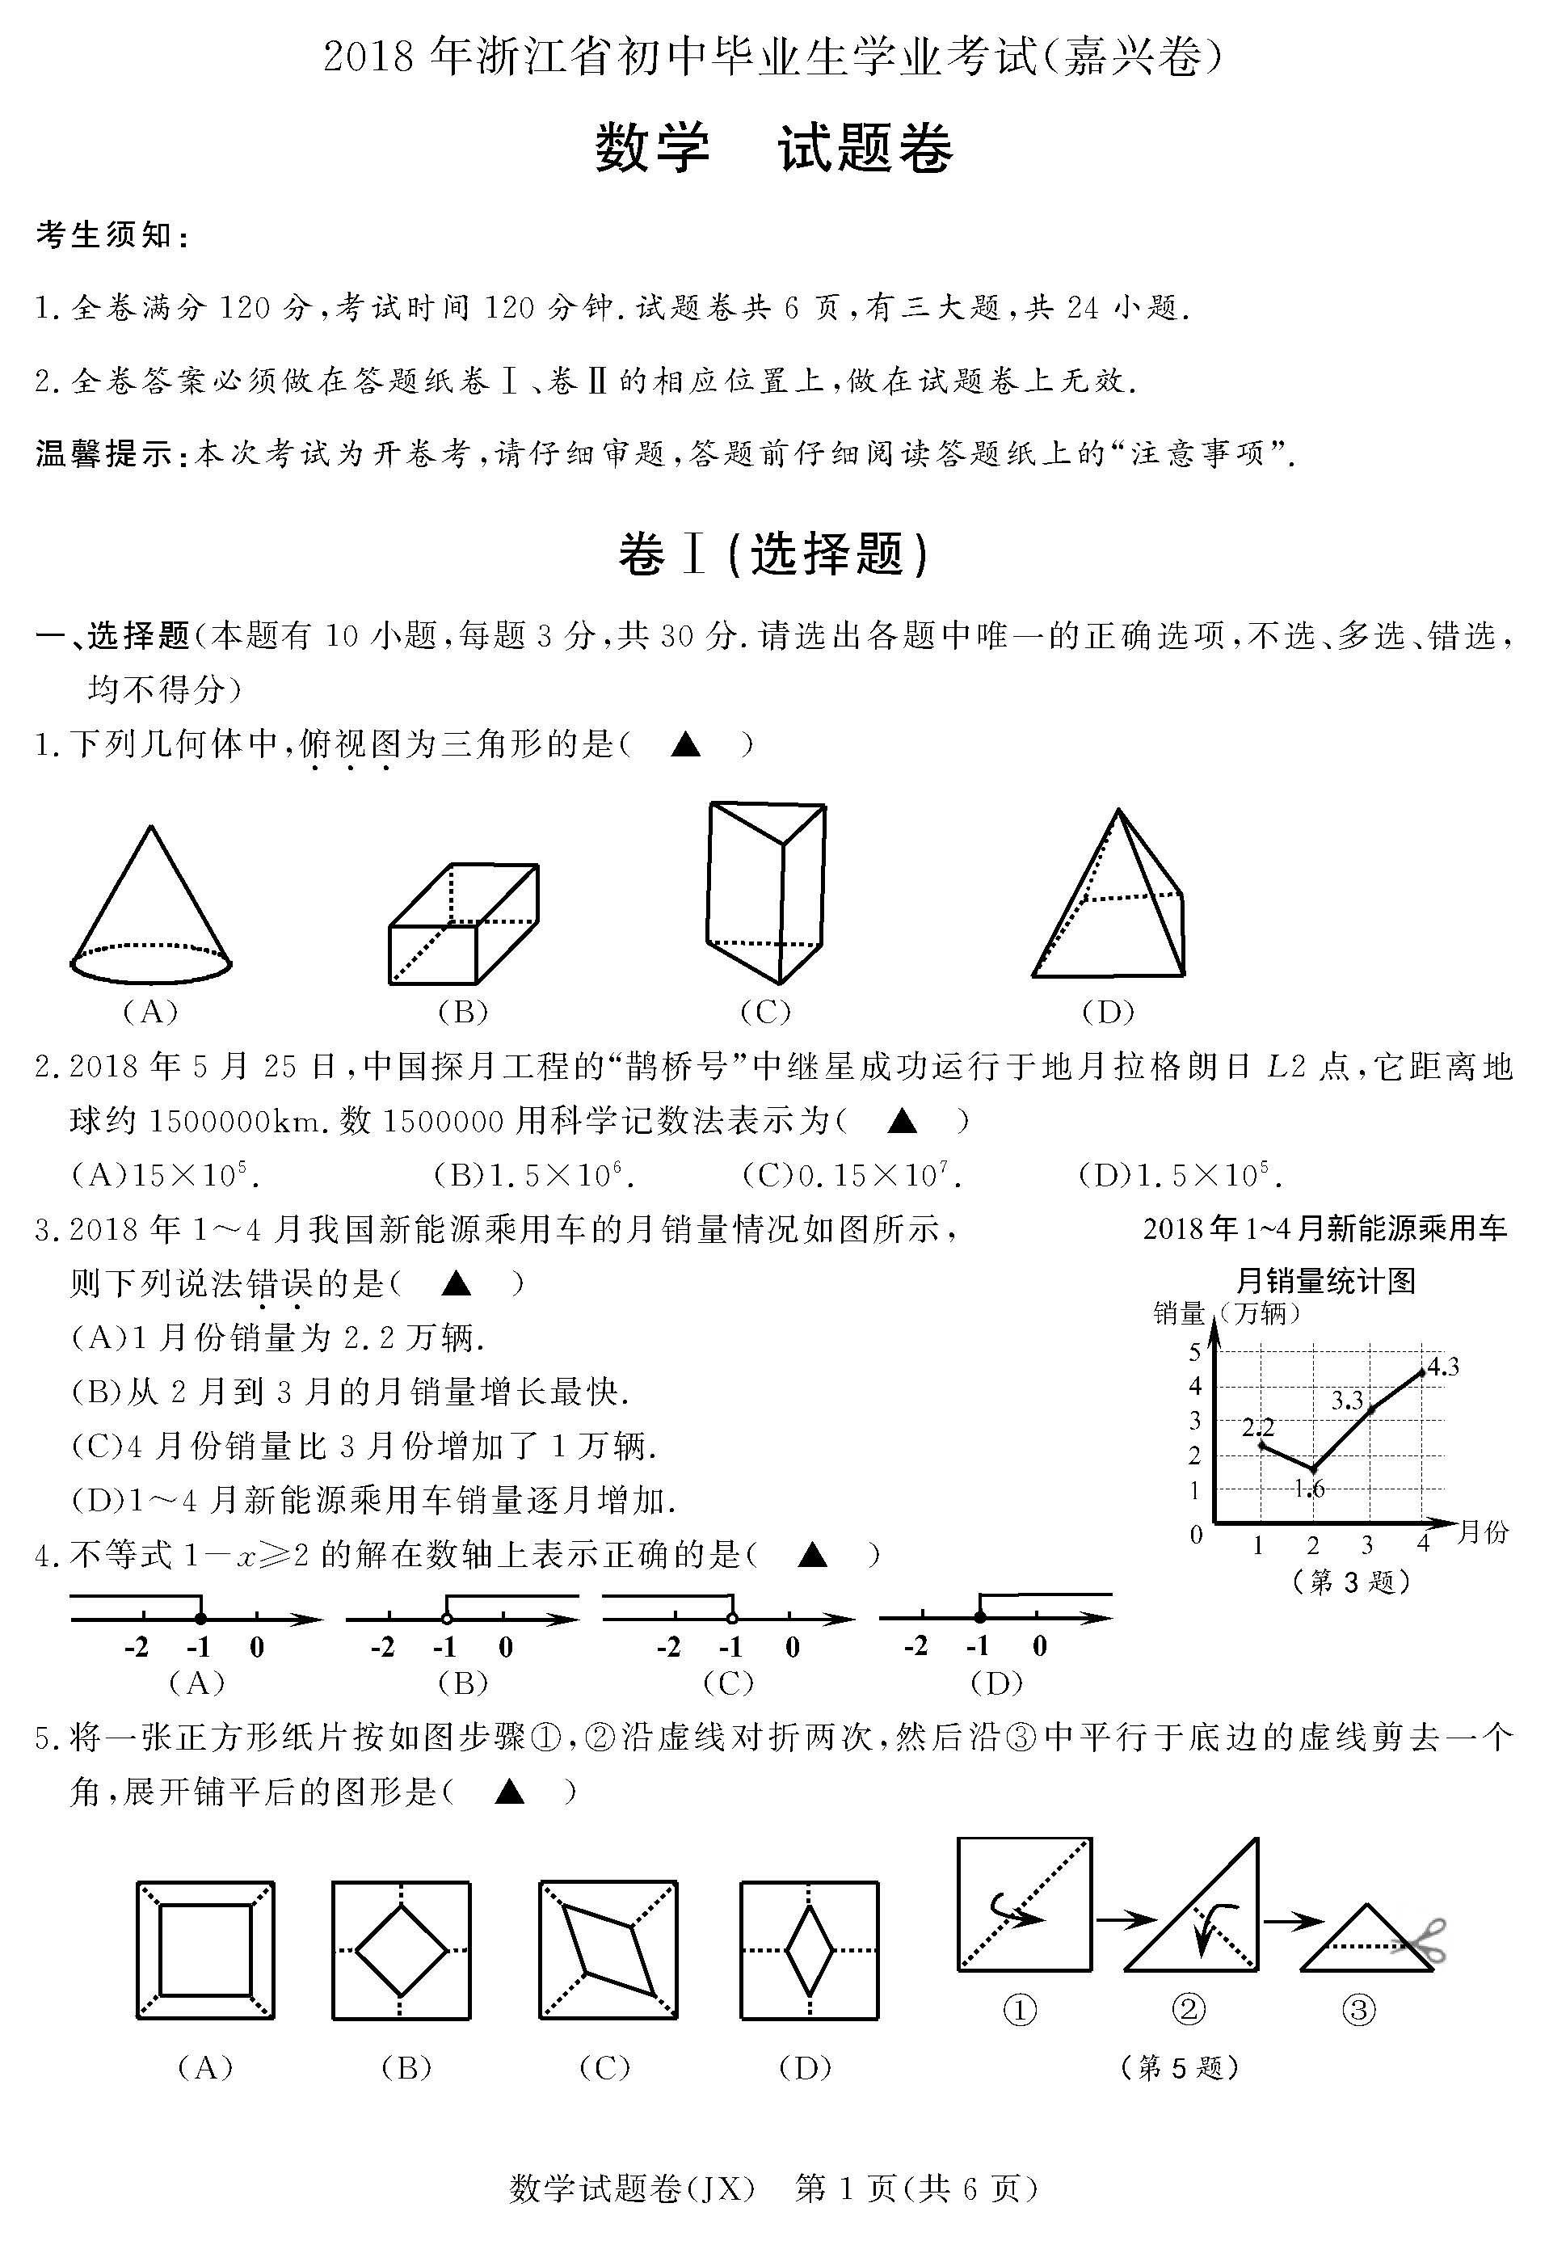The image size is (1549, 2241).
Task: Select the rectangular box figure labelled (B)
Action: tap(463, 924)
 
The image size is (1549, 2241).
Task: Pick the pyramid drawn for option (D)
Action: tap(1109, 899)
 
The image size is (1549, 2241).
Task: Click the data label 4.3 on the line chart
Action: tap(1443, 1367)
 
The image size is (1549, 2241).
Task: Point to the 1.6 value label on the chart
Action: tap(1309, 1489)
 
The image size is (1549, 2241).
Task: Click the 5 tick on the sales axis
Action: tap(1196, 1352)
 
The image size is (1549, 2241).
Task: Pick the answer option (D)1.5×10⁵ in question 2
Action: tap(1181, 1177)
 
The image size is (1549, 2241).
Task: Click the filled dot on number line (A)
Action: tap(200, 1618)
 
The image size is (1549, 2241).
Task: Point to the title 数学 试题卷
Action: tap(773, 150)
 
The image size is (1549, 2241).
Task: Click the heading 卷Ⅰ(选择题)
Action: tap(773, 555)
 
